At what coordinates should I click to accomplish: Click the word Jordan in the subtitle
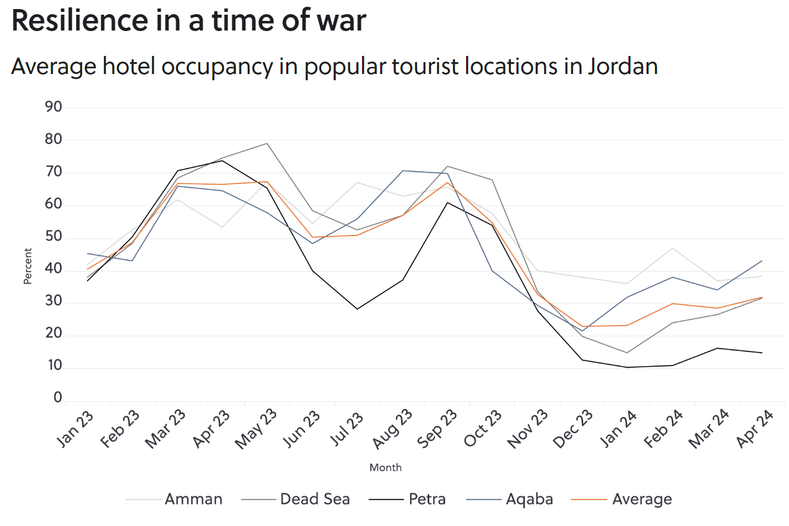coord(623,67)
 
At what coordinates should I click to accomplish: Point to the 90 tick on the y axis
coord(54,107)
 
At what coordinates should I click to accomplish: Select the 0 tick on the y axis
coord(58,398)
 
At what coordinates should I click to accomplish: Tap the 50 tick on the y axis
coord(54,236)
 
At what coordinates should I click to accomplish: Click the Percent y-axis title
coord(28,266)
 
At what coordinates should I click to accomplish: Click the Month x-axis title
coord(385,468)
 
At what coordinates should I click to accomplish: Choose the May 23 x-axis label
coord(256,429)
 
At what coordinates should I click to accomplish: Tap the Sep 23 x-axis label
coord(437,429)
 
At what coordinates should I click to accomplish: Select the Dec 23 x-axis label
coord(573,429)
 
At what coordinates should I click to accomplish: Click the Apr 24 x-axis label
coord(755,429)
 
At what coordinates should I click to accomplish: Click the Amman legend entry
coord(193,499)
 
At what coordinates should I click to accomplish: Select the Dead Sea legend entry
coord(315,499)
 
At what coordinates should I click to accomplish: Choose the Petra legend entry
coord(427,499)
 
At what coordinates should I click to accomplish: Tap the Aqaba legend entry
coord(529,499)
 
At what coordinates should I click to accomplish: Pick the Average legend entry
coord(642,499)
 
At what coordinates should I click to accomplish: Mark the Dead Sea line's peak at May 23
coord(267,144)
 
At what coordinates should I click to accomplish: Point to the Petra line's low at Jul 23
coord(357,309)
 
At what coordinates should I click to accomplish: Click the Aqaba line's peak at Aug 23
coord(403,171)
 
